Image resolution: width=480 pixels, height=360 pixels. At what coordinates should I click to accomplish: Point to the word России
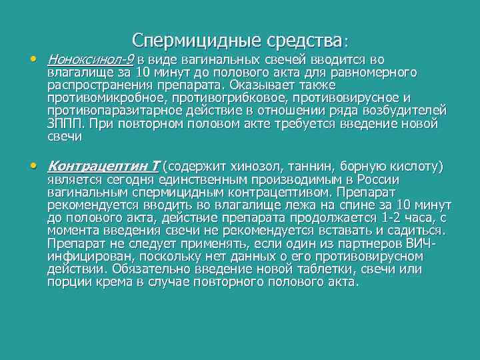click(x=377, y=179)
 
